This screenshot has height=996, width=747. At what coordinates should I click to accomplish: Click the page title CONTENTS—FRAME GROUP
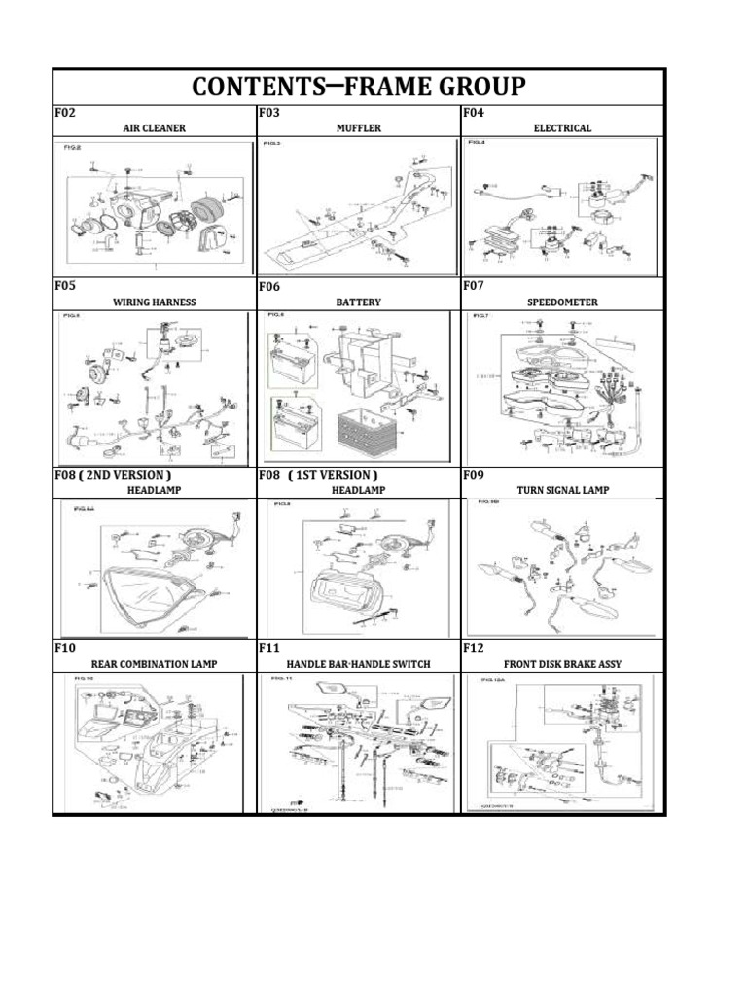pos(359,87)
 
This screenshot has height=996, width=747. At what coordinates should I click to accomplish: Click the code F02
pos(64,113)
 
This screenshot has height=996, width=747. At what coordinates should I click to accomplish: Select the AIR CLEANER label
pos(154,127)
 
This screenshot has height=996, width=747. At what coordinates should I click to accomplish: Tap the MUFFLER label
pos(358,127)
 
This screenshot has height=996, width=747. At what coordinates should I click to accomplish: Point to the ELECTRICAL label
pos(562,127)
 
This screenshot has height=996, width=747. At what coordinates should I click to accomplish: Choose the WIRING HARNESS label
pos(154,302)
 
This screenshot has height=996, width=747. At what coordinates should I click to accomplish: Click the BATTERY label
pos(358,302)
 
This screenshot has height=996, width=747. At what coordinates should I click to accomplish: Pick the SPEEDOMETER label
pos(562,302)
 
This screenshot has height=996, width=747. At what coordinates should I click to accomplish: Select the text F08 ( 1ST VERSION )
pos(318,475)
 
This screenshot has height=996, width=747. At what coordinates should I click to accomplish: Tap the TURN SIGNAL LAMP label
pos(563,490)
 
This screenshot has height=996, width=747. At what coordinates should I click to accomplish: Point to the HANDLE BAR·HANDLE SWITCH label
pos(358,664)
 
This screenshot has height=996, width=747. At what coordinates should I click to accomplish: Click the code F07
pos(474,286)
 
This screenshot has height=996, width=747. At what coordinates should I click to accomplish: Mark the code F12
pos(474,648)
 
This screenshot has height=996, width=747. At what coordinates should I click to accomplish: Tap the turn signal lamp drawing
pos(562,565)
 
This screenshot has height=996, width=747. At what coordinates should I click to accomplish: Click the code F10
pos(64,648)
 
